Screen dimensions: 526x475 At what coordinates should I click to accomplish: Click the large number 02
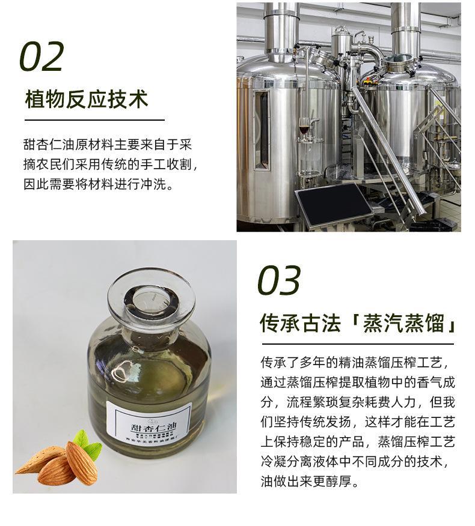tap(41, 57)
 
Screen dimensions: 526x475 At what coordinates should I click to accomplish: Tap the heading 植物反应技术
tap(87, 100)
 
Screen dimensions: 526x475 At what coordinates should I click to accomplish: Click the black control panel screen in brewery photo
tap(334, 204)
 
